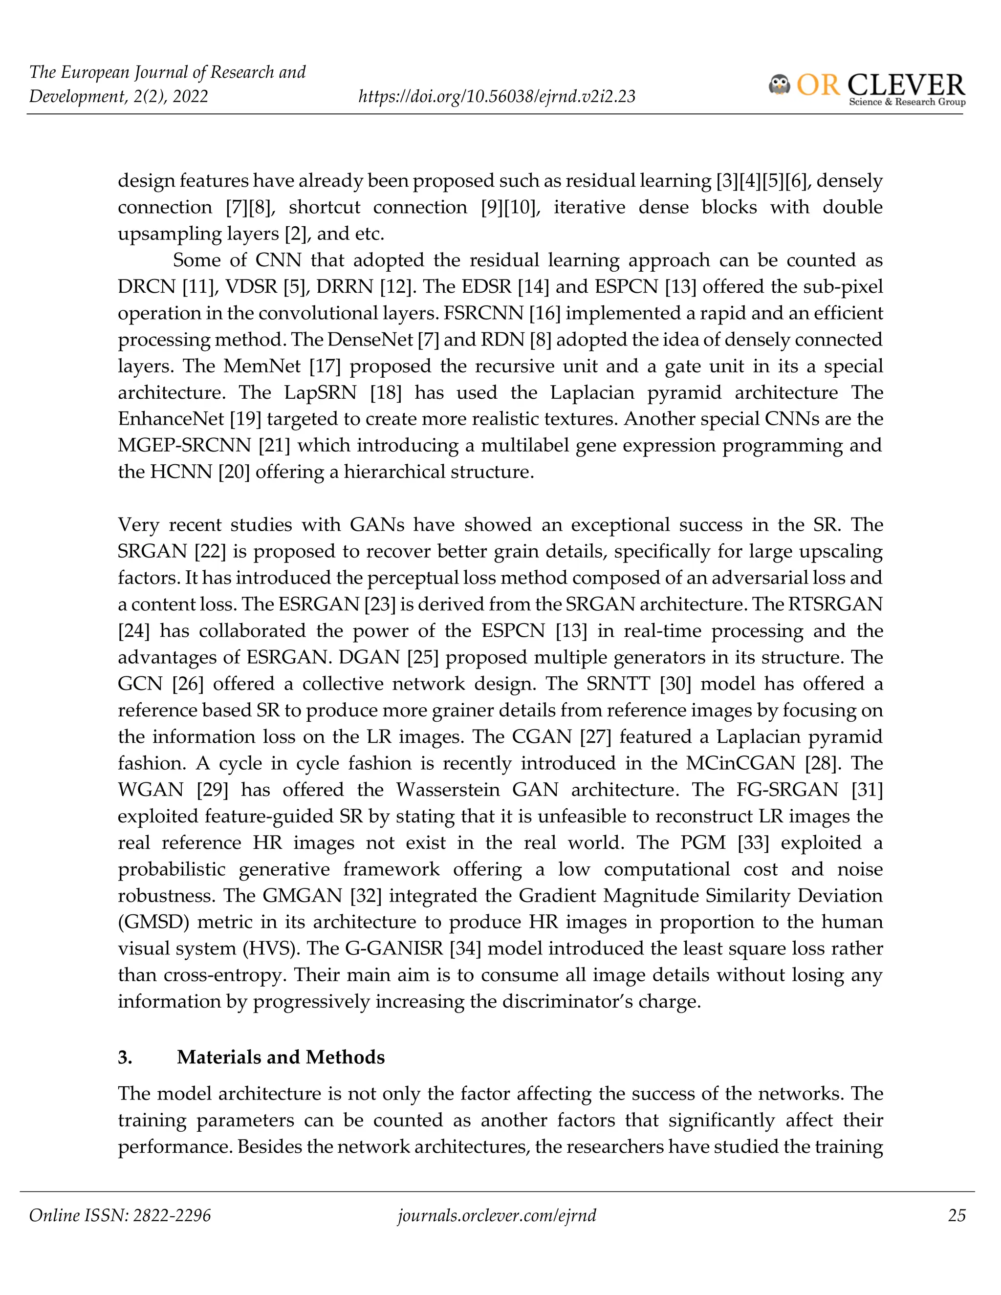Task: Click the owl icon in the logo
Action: pos(779,85)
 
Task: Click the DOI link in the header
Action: pos(497,96)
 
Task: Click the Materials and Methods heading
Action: pos(281,1057)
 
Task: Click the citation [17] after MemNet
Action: pos(325,366)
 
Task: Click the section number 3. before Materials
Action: pos(125,1057)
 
